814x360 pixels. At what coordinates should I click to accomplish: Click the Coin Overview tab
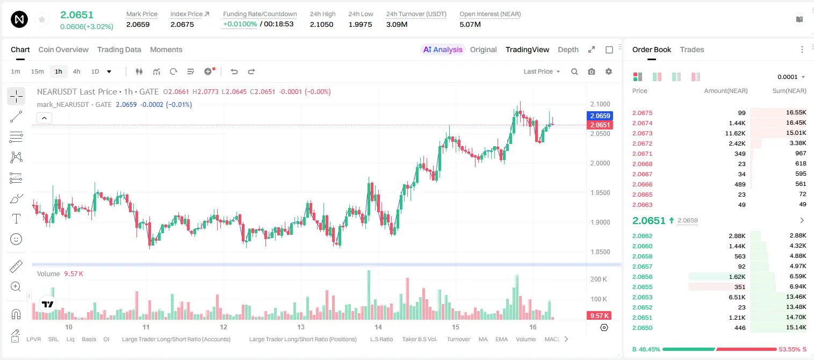(x=63, y=49)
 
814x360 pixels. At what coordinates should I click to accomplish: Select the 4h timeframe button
(x=76, y=71)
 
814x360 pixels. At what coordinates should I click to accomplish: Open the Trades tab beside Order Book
(x=691, y=49)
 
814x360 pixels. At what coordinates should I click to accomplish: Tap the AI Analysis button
(x=443, y=49)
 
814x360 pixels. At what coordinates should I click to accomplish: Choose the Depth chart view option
(x=568, y=49)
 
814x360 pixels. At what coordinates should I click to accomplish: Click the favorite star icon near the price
(x=42, y=19)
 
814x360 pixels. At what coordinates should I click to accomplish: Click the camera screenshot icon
(x=591, y=71)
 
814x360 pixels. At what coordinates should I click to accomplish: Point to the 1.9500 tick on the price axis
(x=600, y=192)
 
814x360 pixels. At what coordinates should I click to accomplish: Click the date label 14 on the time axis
(x=378, y=327)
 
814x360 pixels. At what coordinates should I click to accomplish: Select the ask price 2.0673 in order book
(x=642, y=133)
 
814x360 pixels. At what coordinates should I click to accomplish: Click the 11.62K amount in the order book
(x=735, y=133)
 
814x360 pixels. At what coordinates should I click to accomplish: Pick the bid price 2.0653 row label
(x=642, y=297)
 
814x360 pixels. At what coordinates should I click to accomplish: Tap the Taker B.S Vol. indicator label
(x=419, y=339)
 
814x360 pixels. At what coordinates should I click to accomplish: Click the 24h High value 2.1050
(x=322, y=24)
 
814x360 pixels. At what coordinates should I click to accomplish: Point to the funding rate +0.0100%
(x=240, y=24)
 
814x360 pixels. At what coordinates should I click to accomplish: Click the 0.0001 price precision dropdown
(x=791, y=77)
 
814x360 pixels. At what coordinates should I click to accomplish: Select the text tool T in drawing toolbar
(x=16, y=219)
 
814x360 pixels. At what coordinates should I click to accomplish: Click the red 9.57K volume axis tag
(x=599, y=316)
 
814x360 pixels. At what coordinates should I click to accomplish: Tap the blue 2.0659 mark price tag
(x=600, y=116)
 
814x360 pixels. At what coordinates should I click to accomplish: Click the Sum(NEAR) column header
(x=789, y=91)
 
